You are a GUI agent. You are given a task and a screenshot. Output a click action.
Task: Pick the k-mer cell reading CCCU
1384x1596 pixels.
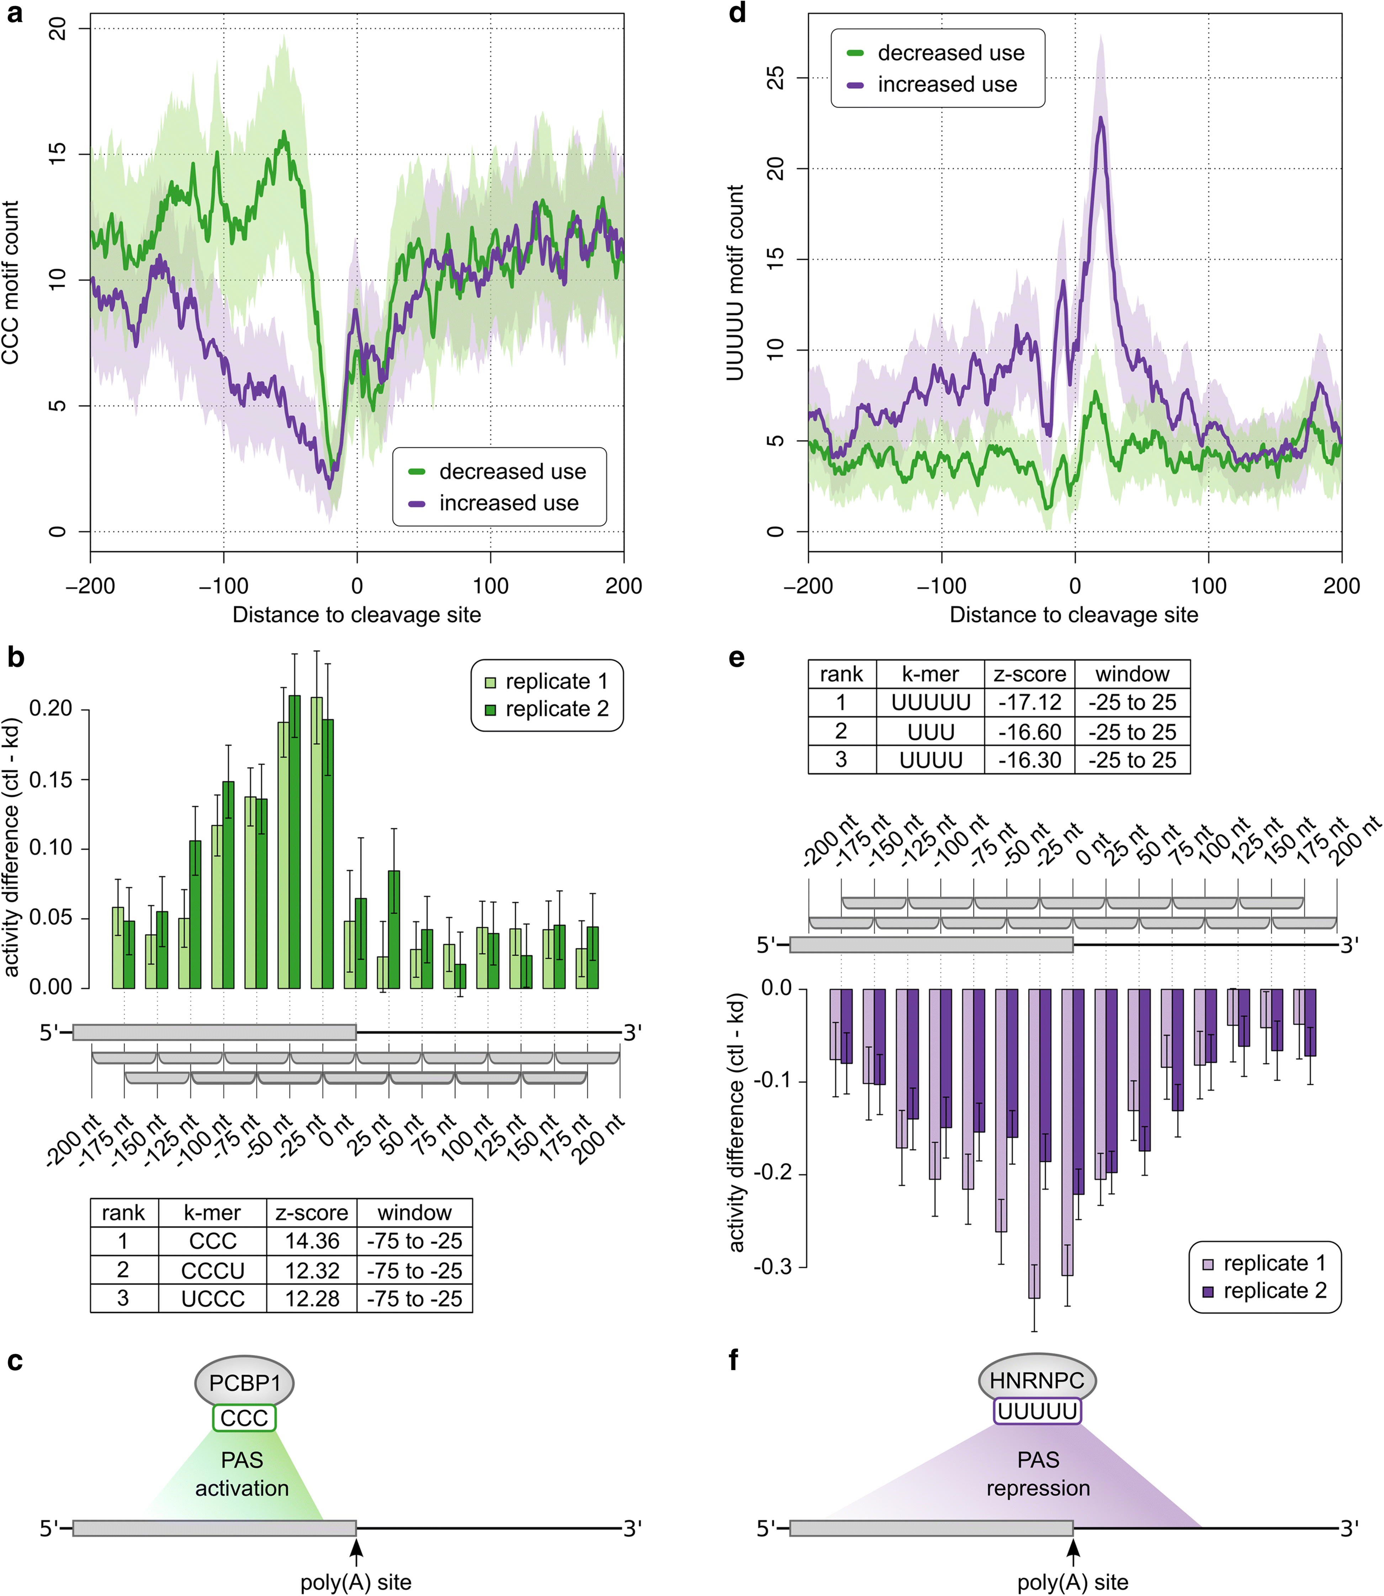pos(212,1271)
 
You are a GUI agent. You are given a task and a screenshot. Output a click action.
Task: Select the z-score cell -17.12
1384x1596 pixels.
pos(1029,702)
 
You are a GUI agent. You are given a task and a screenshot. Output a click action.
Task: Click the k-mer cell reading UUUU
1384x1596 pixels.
pos(930,760)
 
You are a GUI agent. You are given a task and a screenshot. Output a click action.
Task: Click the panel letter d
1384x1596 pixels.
pos(738,14)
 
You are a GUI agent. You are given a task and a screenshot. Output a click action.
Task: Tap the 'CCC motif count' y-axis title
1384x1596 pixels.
pos(11,282)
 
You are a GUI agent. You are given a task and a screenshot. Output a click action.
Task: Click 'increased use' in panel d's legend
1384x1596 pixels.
pos(947,84)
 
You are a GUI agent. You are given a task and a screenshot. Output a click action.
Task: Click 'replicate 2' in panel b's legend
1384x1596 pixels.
pos(556,708)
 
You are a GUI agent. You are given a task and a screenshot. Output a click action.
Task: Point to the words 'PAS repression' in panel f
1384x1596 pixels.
pos(1038,1474)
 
